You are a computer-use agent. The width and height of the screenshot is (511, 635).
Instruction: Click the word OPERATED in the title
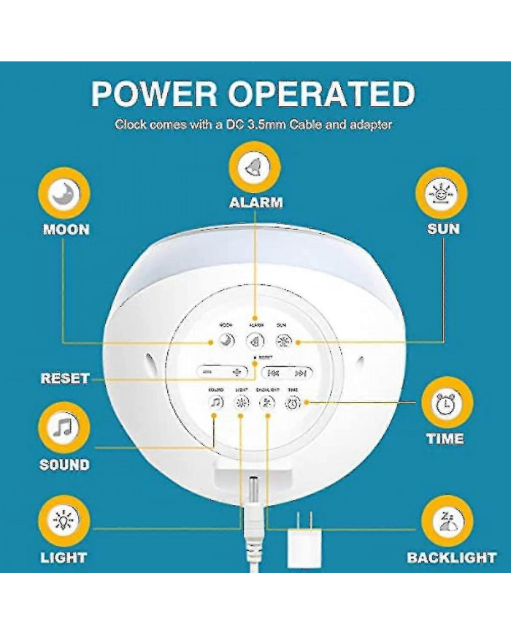[x=323, y=94]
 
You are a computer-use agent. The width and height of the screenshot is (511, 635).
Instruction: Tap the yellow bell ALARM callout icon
[x=255, y=166]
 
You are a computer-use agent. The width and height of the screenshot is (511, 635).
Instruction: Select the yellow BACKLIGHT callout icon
[x=447, y=522]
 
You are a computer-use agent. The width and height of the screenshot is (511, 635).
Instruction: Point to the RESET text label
[x=64, y=379]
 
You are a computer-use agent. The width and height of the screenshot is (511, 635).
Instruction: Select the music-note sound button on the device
[x=215, y=403]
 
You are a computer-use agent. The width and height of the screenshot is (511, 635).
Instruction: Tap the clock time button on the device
[x=293, y=403]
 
